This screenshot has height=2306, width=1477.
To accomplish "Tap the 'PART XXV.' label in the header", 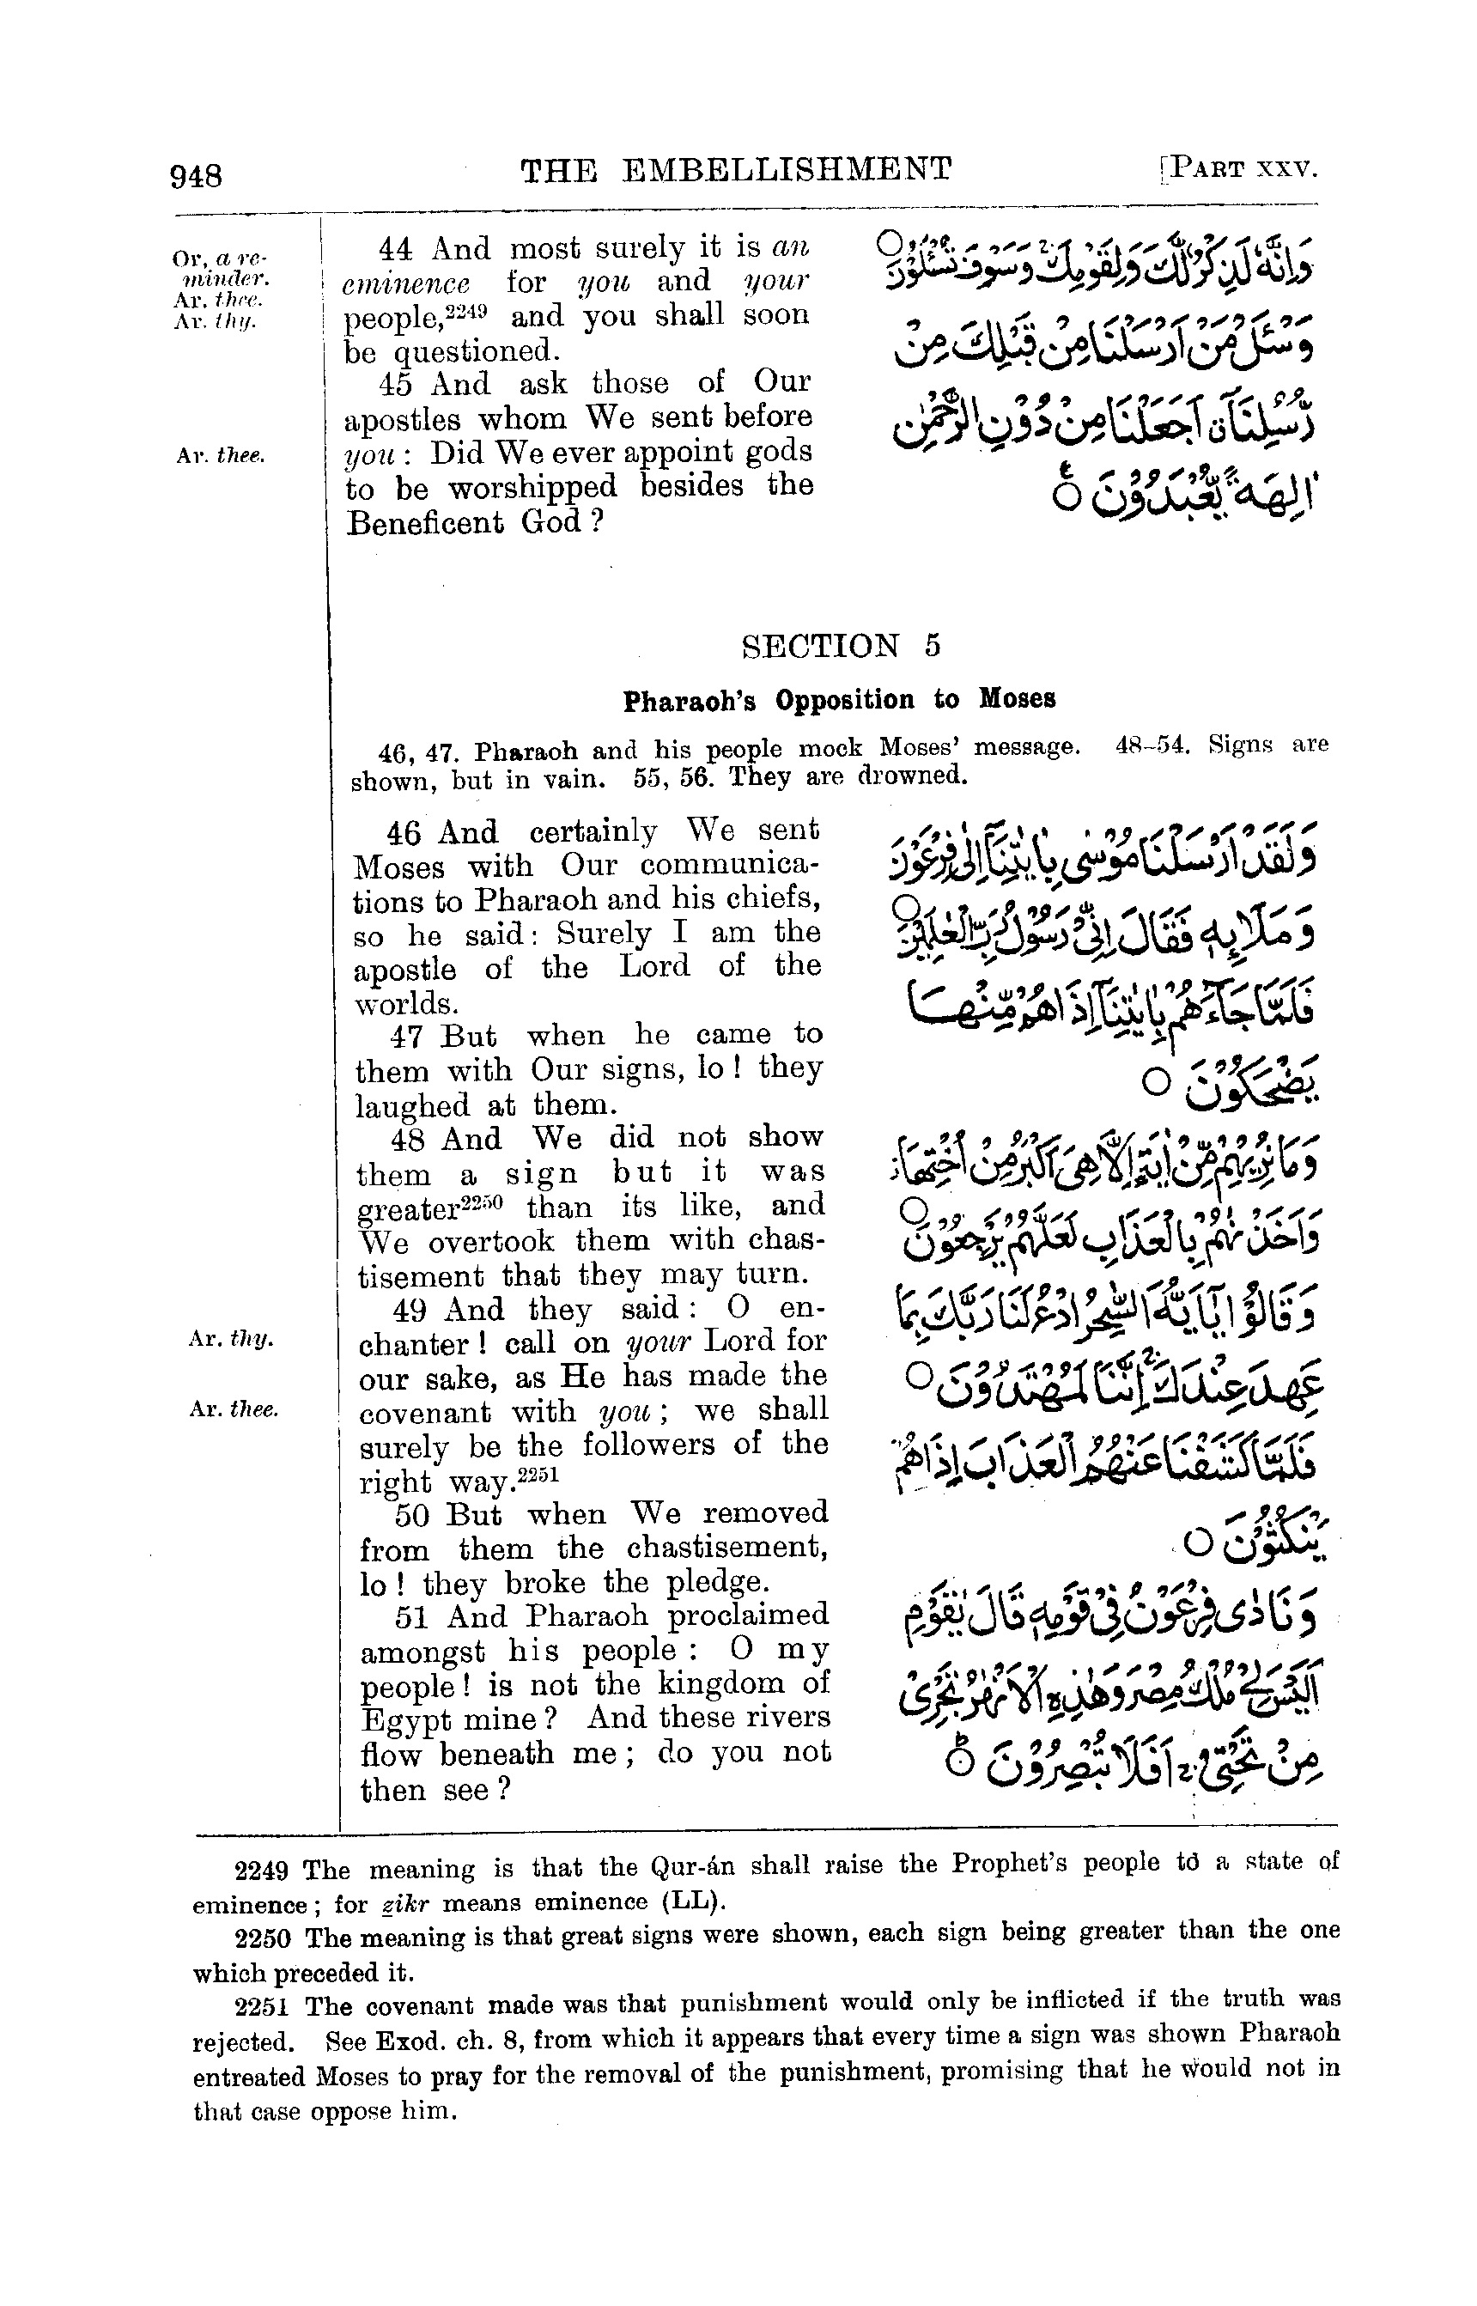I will point(1243,169).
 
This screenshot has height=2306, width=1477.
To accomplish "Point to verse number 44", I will point(395,248).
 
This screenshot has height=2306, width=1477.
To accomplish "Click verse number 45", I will point(395,384).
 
